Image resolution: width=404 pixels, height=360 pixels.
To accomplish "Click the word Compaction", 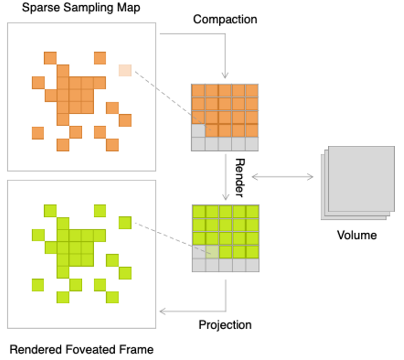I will pos(225,20).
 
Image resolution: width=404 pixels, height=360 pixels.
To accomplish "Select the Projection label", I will pos(225,325).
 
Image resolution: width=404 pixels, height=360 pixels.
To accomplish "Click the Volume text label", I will pos(357,235).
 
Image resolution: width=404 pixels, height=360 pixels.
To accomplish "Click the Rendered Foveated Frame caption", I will pos(81,350).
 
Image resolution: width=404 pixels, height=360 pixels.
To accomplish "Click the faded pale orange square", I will pos(125,70).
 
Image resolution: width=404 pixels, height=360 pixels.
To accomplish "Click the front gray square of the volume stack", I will pos(361,178).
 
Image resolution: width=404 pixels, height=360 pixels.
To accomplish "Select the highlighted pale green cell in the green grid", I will pos(212,251).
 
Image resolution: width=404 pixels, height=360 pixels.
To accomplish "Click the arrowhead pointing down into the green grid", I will pos(225,198).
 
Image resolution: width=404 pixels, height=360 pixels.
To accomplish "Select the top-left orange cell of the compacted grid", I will pos(198,91).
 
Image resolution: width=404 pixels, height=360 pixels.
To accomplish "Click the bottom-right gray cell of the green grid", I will pos(252,265).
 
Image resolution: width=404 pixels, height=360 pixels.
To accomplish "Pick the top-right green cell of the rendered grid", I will pos(252,212).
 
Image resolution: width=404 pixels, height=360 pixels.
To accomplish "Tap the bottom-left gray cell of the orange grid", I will pos(198,144).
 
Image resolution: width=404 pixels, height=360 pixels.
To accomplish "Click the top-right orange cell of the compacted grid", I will pos(252,91).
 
